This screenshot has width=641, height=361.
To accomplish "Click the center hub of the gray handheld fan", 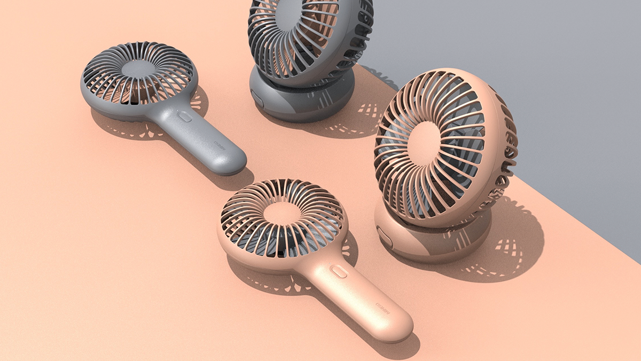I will click(x=138, y=70).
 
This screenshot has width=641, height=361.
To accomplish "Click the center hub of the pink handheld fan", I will click(x=282, y=213).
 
